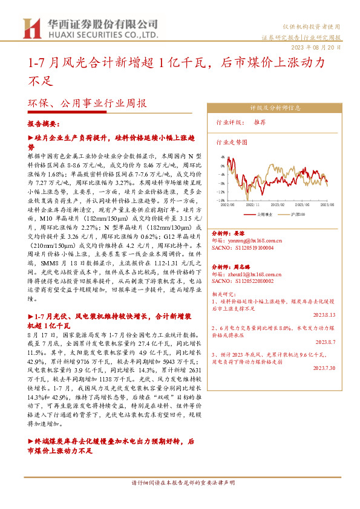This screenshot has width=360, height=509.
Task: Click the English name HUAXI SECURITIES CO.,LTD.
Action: pos(99,36)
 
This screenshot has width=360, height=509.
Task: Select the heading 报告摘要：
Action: pos(44,124)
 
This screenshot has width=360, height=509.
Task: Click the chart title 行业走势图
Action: pos(232,143)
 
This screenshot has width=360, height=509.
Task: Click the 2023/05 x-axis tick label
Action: pos(303,206)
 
